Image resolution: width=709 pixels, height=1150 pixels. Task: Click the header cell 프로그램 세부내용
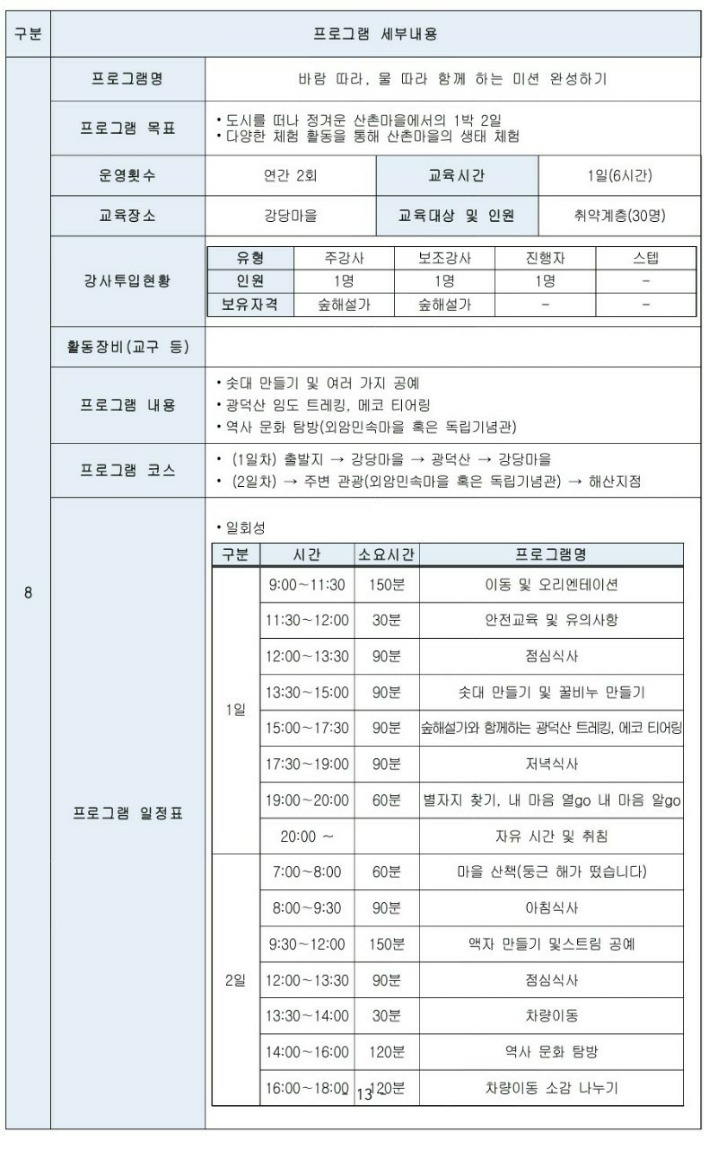(x=376, y=34)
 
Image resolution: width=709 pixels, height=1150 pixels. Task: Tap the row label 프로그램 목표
(x=128, y=128)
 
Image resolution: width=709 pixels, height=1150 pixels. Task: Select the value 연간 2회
(x=290, y=175)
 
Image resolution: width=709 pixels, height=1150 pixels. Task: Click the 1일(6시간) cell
(x=619, y=175)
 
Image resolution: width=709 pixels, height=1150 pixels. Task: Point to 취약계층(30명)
(x=619, y=216)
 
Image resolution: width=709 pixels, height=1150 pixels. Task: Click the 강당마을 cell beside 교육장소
(x=290, y=216)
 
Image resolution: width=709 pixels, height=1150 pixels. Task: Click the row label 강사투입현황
(x=128, y=280)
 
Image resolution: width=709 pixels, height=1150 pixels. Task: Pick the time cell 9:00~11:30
(x=307, y=585)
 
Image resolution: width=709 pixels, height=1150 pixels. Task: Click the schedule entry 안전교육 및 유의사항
(x=551, y=620)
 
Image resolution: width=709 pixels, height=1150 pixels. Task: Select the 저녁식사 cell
(x=551, y=764)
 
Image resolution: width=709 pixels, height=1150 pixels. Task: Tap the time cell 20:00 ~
(x=307, y=836)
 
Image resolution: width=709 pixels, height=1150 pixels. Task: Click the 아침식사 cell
(x=551, y=907)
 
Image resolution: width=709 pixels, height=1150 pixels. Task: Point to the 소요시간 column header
(x=387, y=554)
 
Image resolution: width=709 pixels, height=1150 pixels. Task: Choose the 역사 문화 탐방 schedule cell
(x=551, y=1051)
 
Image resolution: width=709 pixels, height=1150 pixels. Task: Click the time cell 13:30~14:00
(x=307, y=1015)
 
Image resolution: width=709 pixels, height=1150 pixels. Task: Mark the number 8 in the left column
(x=28, y=593)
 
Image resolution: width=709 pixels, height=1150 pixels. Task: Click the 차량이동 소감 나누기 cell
(x=551, y=1088)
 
